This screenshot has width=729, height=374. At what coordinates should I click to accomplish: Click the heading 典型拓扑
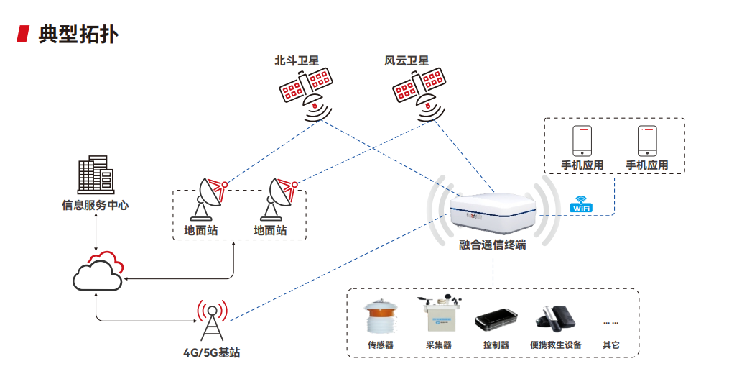(78, 34)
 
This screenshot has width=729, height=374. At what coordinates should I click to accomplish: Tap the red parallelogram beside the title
(23, 34)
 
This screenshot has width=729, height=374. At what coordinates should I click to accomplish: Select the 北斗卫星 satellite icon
(307, 93)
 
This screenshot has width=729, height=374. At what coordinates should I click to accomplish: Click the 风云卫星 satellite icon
(419, 93)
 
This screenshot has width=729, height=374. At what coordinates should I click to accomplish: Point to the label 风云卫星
(407, 60)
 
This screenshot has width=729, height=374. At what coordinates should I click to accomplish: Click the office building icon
(96, 175)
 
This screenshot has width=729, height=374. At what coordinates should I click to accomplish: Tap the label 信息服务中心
(96, 205)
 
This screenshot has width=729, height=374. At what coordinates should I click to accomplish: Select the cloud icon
(98, 271)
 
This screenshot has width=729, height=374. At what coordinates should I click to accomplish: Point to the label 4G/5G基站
(212, 352)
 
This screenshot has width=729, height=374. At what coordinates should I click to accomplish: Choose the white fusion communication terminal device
(493, 213)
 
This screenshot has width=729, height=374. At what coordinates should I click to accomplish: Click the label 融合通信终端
(493, 245)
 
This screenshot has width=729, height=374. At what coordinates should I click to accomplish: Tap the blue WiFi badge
(581, 204)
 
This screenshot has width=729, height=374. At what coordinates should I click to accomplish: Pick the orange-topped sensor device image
(381, 318)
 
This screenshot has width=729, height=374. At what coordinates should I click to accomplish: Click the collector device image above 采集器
(440, 314)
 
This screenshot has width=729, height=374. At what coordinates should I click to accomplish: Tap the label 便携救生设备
(556, 345)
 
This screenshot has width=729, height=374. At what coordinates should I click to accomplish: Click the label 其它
(611, 345)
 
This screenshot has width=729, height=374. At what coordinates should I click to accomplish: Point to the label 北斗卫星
(297, 60)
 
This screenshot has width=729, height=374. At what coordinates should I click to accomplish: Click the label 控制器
(496, 345)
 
